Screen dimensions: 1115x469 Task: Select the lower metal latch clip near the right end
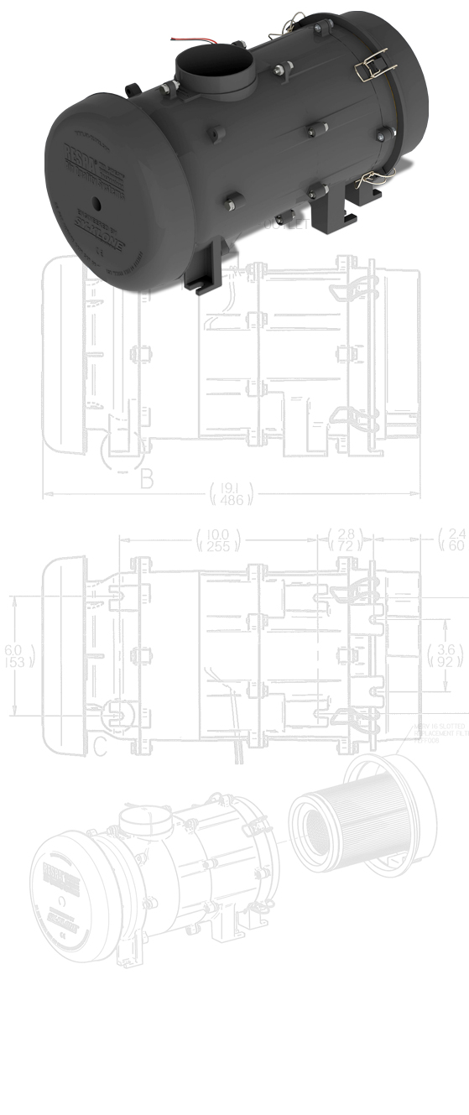(370, 179)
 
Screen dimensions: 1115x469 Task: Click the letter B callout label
(147, 480)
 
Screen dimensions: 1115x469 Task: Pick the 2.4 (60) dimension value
(456, 540)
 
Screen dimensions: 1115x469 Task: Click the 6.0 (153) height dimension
(14, 656)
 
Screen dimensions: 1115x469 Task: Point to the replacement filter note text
(440, 733)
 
